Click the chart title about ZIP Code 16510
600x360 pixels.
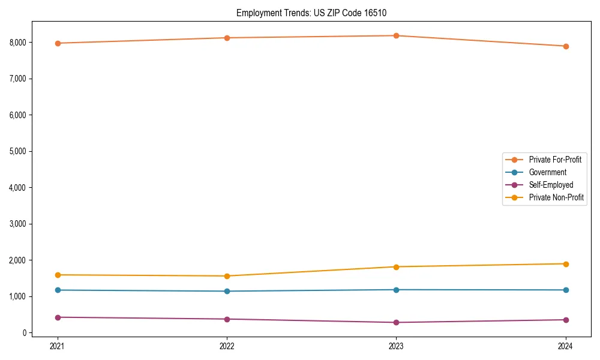click(x=316, y=13)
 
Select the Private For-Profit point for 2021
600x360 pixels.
click(x=58, y=43)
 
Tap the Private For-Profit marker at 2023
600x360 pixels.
click(x=397, y=36)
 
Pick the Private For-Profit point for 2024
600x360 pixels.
click(x=566, y=46)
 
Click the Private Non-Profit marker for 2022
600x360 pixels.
click(x=227, y=276)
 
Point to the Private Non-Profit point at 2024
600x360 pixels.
click(x=566, y=264)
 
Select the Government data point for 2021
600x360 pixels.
click(x=58, y=290)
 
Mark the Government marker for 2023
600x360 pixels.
click(x=397, y=290)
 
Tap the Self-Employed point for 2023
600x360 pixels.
click(x=397, y=323)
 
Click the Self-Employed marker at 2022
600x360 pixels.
click(x=227, y=319)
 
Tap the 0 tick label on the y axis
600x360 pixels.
click(x=25, y=333)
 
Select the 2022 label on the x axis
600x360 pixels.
click(x=227, y=346)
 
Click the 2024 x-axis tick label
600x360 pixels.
click(x=566, y=346)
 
